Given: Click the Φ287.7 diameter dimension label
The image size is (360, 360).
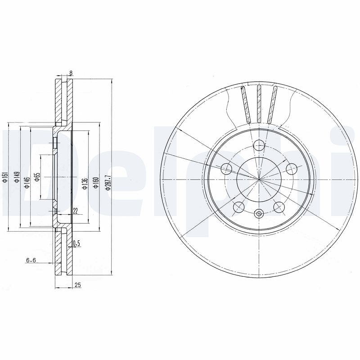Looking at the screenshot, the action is click(108, 183).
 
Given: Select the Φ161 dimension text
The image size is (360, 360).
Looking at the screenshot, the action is click(5, 177).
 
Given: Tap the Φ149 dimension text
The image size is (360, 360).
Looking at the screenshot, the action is click(17, 177).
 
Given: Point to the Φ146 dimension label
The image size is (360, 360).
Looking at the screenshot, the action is click(27, 183).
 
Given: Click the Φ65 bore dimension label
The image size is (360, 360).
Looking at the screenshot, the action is click(37, 177).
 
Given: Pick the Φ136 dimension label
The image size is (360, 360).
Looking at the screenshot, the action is click(85, 184).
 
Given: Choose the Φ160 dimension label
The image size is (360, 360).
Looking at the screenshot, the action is click(96, 183).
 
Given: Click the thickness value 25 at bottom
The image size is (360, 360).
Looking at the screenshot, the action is click(78, 285).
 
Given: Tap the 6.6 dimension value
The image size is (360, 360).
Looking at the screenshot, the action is click(31, 260).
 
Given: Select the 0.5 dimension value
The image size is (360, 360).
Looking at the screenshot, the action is click(76, 243).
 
